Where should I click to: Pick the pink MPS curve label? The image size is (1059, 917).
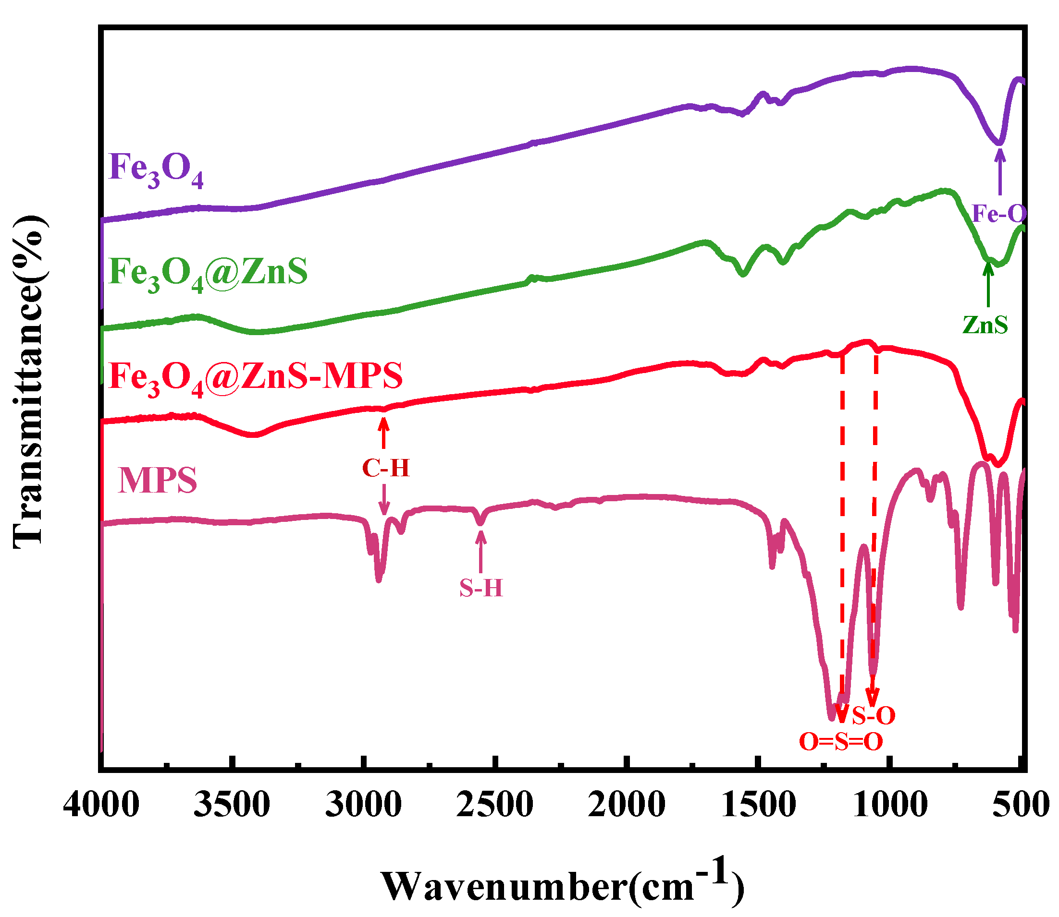click(x=157, y=481)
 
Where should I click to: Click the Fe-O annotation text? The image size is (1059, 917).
click(x=999, y=213)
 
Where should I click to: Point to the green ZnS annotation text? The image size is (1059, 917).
click(x=985, y=325)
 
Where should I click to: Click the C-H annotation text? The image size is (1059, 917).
click(x=386, y=468)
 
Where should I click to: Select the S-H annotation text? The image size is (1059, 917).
click(x=481, y=589)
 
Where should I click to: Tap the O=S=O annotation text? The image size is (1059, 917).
click(x=841, y=741)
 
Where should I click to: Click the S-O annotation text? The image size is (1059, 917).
click(x=874, y=715)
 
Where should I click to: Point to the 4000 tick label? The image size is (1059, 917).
click(x=101, y=805)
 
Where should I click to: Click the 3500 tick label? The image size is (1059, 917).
click(x=232, y=805)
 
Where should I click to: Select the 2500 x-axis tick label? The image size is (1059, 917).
click(x=495, y=805)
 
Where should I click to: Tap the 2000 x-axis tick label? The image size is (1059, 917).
click(x=626, y=805)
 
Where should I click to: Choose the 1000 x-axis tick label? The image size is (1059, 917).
click(x=889, y=805)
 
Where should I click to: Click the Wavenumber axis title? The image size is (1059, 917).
click(x=562, y=884)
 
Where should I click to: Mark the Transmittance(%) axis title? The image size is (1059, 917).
click(x=29, y=381)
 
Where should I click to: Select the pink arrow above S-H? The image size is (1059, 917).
click(x=480, y=552)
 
